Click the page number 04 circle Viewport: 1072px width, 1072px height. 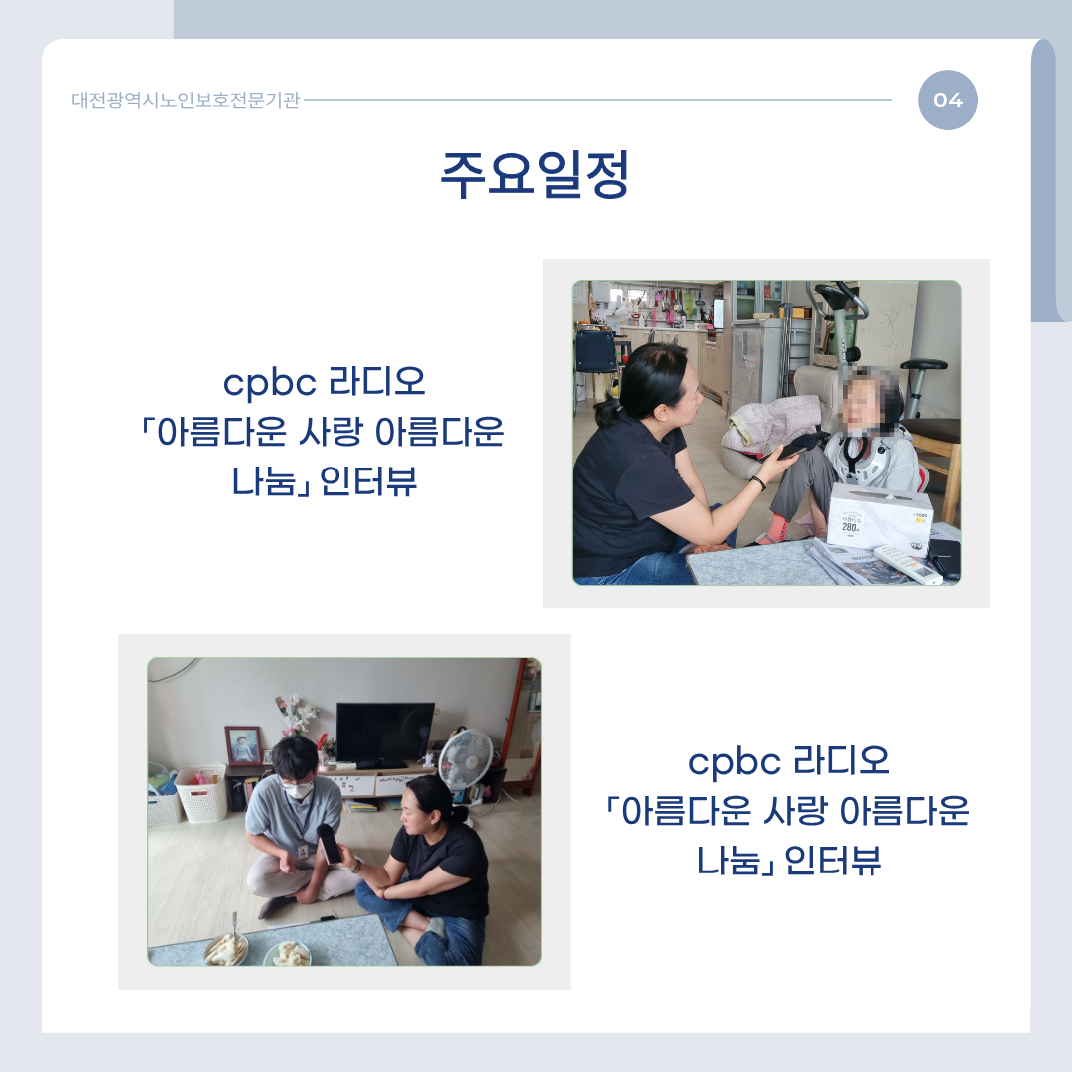click(x=948, y=100)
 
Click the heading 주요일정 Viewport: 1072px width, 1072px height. click(x=535, y=175)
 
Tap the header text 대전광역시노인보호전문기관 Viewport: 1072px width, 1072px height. click(x=186, y=100)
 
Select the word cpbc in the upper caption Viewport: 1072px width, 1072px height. click(x=270, y=383)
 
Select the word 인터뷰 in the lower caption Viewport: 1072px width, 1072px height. click(x=833, y=861)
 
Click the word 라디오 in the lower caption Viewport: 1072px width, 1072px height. click(x=841, y=761)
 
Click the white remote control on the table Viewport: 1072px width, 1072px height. click(x=908, y=564)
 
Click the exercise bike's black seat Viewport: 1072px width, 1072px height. click(x=923, y=365)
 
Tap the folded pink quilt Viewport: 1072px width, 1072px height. click(x=771, y=424)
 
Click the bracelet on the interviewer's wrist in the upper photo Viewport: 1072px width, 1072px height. click(x=757, y=483)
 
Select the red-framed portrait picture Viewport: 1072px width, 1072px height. click(x=243, y=745)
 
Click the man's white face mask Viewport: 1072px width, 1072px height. click(x=299, y=790)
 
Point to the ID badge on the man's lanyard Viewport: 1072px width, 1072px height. click(x=302, y=851)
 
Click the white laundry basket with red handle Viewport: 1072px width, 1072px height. click(x=201, y=793)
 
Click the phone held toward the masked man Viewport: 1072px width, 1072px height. click(x=329, y=844)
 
